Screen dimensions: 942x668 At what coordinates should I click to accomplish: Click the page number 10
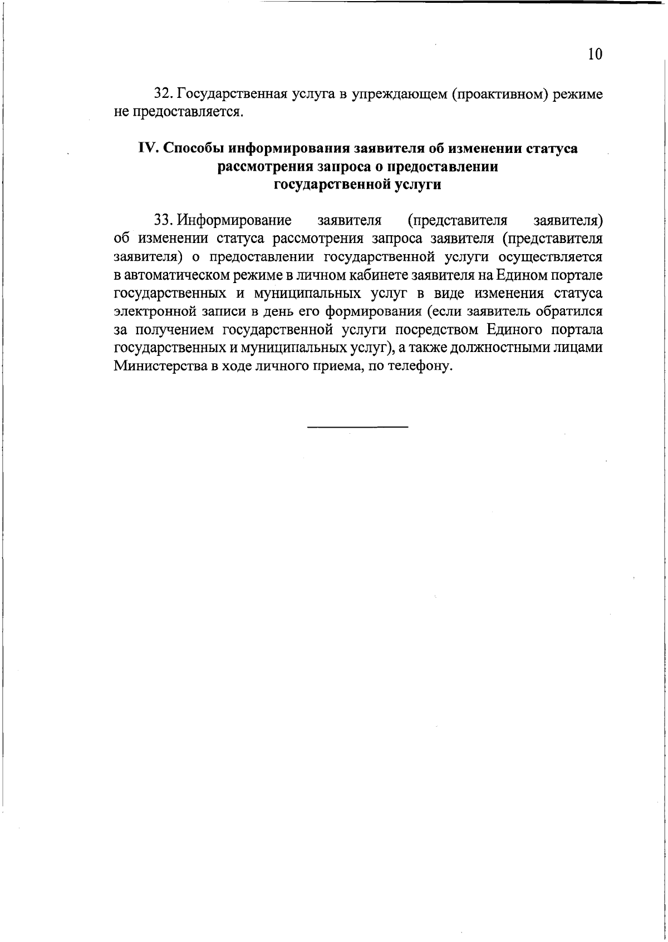[x=595, y=54]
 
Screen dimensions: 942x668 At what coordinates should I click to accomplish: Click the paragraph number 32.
[x=162, y=94]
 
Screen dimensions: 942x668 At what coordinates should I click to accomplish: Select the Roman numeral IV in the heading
[x=149, y=149]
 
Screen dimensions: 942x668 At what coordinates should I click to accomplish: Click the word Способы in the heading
[x=194, y=149]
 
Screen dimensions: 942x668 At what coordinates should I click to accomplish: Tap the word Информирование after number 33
[x=234, y=221]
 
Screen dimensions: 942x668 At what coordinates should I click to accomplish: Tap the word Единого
[x=514, y=330]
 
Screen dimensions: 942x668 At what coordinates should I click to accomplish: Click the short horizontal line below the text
[x=357, y=427]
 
